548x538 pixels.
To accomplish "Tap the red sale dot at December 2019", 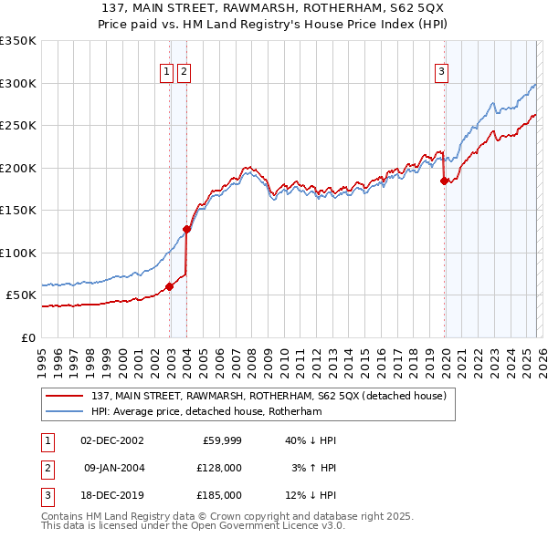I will pyautogui.click(x=445, y=181).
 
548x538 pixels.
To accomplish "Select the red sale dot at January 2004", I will pyautogui.click(x=186, y=229).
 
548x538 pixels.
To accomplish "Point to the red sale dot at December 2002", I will pyautogui.click(x=170, y=286).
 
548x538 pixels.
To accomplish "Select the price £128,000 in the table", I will pyautogui.click(x=217, y=467).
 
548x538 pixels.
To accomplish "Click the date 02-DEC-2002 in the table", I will pyautogui.click(x=112, y=440).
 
